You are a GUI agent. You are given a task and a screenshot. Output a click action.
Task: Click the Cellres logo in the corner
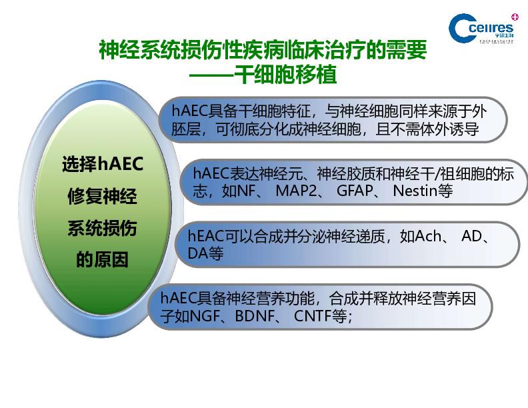pos(481,28)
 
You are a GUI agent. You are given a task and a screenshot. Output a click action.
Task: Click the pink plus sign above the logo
pos(515,17)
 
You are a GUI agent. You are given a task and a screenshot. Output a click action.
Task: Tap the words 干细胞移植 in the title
pos(285,75)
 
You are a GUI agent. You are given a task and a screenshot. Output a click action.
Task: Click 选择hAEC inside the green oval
pos(103,164)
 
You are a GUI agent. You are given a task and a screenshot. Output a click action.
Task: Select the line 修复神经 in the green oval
pos(103,196)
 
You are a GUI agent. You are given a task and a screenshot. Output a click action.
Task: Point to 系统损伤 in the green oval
pos(103,228)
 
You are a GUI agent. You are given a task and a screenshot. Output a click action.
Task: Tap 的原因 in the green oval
pos(103,259)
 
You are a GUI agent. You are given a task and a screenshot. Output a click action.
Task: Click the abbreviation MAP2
pos(296,191)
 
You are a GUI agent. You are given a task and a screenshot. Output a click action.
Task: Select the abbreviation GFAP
pos(355,191)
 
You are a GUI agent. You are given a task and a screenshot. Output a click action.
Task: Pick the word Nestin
pos(416,191)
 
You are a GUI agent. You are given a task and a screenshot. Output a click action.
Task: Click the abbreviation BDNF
pos(255,316)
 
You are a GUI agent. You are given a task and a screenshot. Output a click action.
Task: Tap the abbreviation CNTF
pos(313,316)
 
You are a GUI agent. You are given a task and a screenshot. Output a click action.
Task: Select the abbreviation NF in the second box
pos(246,191)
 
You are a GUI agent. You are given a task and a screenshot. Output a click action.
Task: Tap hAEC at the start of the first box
pos(189,111)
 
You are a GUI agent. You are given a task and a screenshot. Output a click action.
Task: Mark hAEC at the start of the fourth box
pos(179,298)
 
